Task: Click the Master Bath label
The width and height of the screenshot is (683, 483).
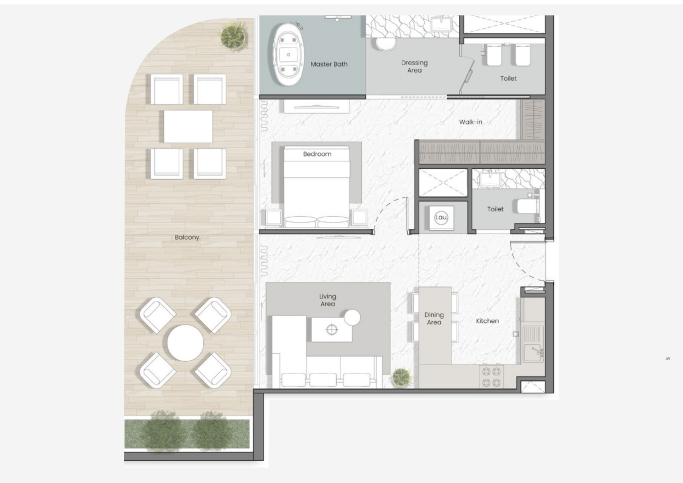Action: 329,64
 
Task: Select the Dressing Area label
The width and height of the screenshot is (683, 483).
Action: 414,66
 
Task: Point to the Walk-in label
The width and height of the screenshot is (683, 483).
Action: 471,122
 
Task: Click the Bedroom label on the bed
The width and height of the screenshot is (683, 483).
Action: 317,154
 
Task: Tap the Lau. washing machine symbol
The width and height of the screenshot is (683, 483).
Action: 441,218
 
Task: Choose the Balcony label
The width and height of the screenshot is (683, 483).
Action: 188,237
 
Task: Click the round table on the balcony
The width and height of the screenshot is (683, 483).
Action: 185,343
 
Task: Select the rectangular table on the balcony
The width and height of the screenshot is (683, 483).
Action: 188,126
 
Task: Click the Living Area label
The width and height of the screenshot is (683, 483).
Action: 328,300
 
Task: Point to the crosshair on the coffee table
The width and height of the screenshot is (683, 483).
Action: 332,329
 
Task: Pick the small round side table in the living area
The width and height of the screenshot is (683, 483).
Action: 352,318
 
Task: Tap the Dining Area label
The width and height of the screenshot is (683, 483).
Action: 434,319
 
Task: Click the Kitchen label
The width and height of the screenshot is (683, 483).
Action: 487,321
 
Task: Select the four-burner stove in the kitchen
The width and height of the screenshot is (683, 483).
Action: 491,377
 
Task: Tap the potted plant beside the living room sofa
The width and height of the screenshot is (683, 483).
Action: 402,377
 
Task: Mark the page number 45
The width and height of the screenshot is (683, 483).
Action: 668,359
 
